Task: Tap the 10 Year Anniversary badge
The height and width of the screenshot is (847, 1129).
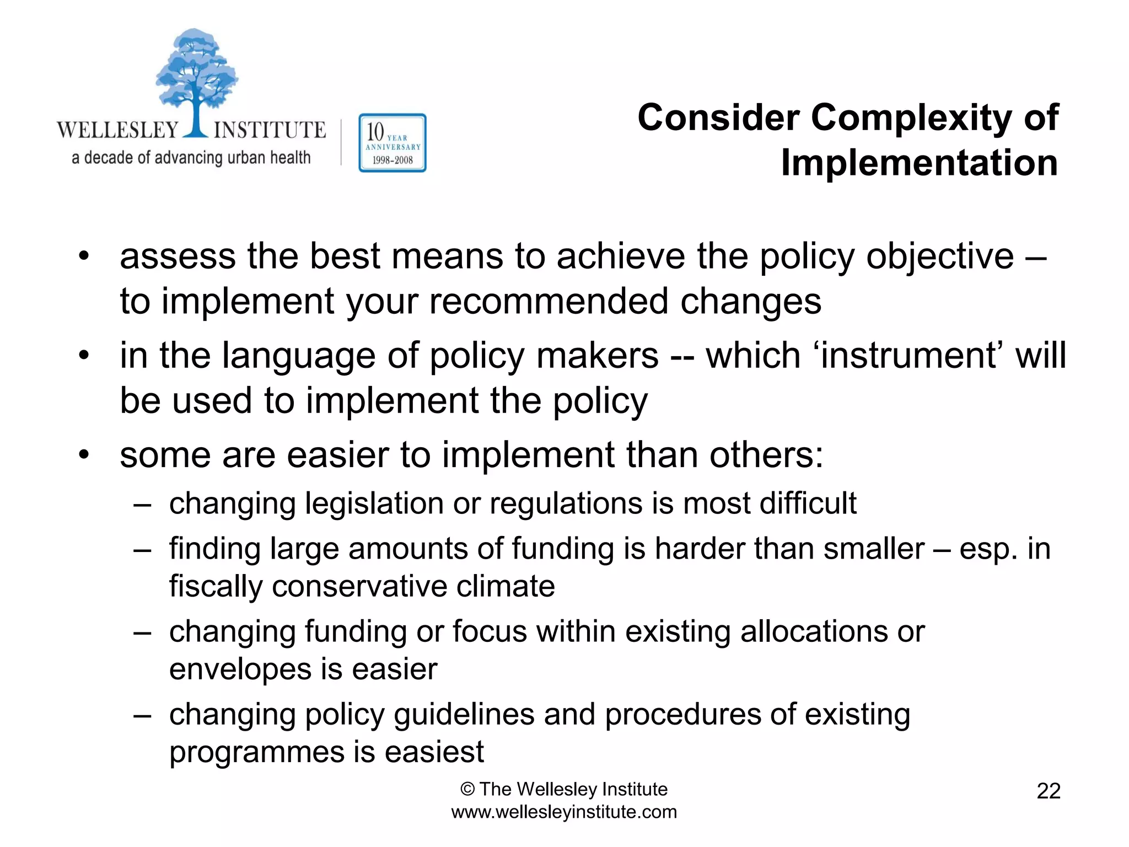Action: coord(392,143)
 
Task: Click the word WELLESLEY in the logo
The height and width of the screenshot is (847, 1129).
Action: coord(117,130)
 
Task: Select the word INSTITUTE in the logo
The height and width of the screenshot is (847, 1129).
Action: coord(270,130)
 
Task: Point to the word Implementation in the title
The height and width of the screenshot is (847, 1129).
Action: coord(919,163)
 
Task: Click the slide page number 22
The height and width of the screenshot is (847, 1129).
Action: coord(1048,791)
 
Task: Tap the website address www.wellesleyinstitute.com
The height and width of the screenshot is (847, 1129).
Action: coord(564,812)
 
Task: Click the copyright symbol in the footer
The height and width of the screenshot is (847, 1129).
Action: coord(467,790)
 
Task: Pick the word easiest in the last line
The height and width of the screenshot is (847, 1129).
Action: coord(434,752)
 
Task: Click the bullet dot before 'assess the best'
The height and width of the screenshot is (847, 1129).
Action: coord(84,256)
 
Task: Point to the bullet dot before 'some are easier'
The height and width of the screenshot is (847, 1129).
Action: coord(84,455)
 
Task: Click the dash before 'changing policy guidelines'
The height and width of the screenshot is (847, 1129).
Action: coord(142,716)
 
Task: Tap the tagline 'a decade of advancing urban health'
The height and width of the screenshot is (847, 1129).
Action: coord(191,158)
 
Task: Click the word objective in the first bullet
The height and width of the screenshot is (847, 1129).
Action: coord(940,256)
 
